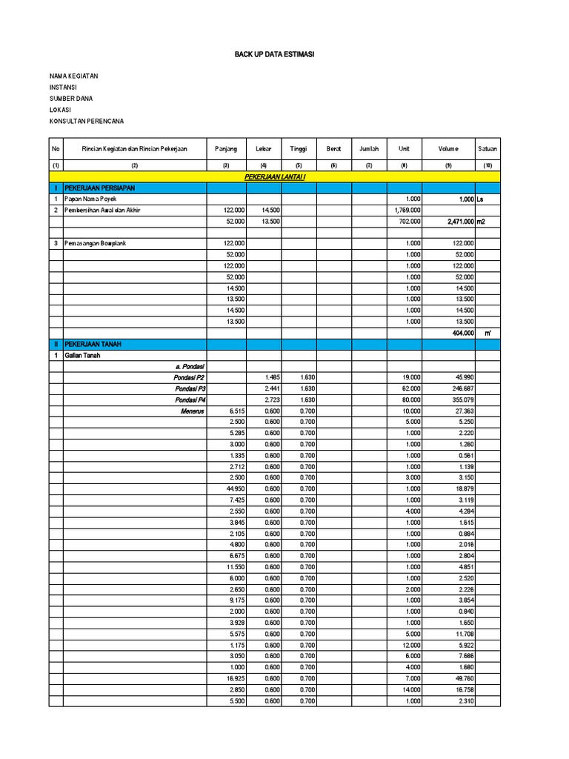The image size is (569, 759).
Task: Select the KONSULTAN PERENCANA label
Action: (87, 121)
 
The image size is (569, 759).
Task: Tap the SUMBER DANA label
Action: (71, 99)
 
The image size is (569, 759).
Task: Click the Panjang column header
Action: (226, 149)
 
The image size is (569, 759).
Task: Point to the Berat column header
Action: (333, 149)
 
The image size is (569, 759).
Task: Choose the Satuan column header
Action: (488, 149)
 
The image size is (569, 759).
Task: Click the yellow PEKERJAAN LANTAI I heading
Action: (275, 178)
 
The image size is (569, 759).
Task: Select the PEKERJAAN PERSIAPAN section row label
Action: (99, 188)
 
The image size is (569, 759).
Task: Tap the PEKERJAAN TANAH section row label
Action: (92, 344)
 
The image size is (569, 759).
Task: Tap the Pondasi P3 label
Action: (190, 388)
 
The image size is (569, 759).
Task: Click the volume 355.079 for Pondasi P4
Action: (461, 400)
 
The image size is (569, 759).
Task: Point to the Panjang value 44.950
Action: (234, 488)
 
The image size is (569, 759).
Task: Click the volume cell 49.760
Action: (462, 678)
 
